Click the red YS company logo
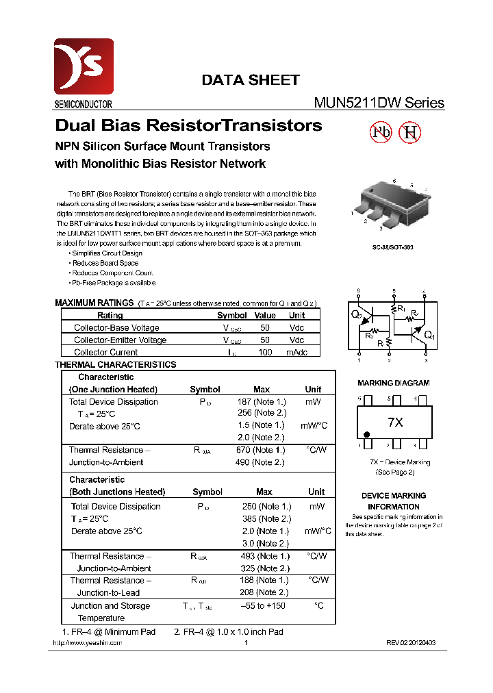(84, 66)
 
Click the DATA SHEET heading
(250, 80)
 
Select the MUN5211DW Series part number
(379, 103)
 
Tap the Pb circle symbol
(381, 133)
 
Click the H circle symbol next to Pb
(410, 133)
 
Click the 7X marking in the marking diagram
(395, 423)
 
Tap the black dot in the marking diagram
(366, 435)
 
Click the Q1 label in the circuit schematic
(429, 336)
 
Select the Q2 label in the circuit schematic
(356, 314)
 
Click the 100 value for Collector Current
(265, 353)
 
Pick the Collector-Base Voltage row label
(116, 328)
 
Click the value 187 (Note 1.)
(262, 402)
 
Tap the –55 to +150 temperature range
(263, 606)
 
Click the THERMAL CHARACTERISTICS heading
(115, 365)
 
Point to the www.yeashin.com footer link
(88, 643)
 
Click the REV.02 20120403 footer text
(410, 643)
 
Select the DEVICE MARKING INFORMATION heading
(394, 501)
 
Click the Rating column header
(110, 316)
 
